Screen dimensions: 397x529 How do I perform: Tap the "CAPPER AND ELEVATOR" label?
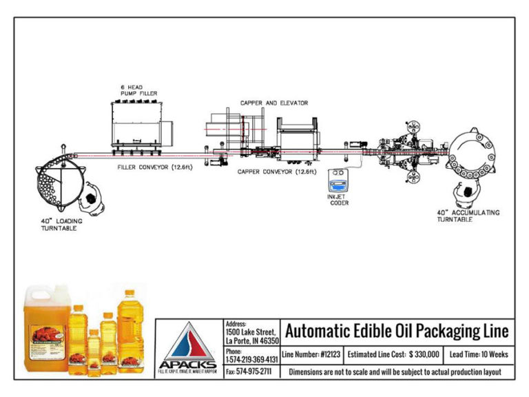[274, 103]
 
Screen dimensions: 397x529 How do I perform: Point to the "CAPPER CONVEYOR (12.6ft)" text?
[277, 172]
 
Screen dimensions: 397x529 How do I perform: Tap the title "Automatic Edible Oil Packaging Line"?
[397, 332]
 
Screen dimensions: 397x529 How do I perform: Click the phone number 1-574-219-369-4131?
[252, 360]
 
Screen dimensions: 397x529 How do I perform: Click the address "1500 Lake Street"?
[251, 332]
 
